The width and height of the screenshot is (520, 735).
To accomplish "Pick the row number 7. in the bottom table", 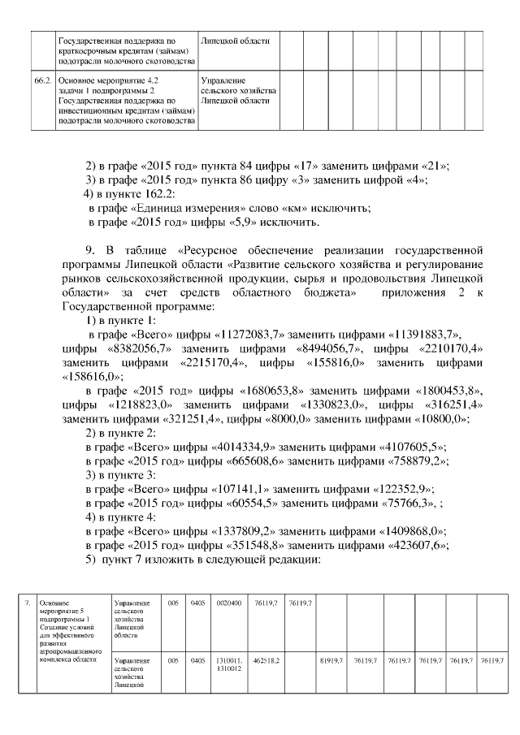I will tap(27, 603).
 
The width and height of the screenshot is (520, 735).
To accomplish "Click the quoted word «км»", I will tap(287, 208).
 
